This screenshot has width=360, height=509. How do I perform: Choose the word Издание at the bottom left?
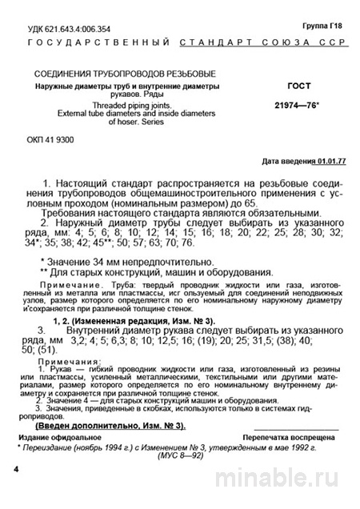coord(39,439)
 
